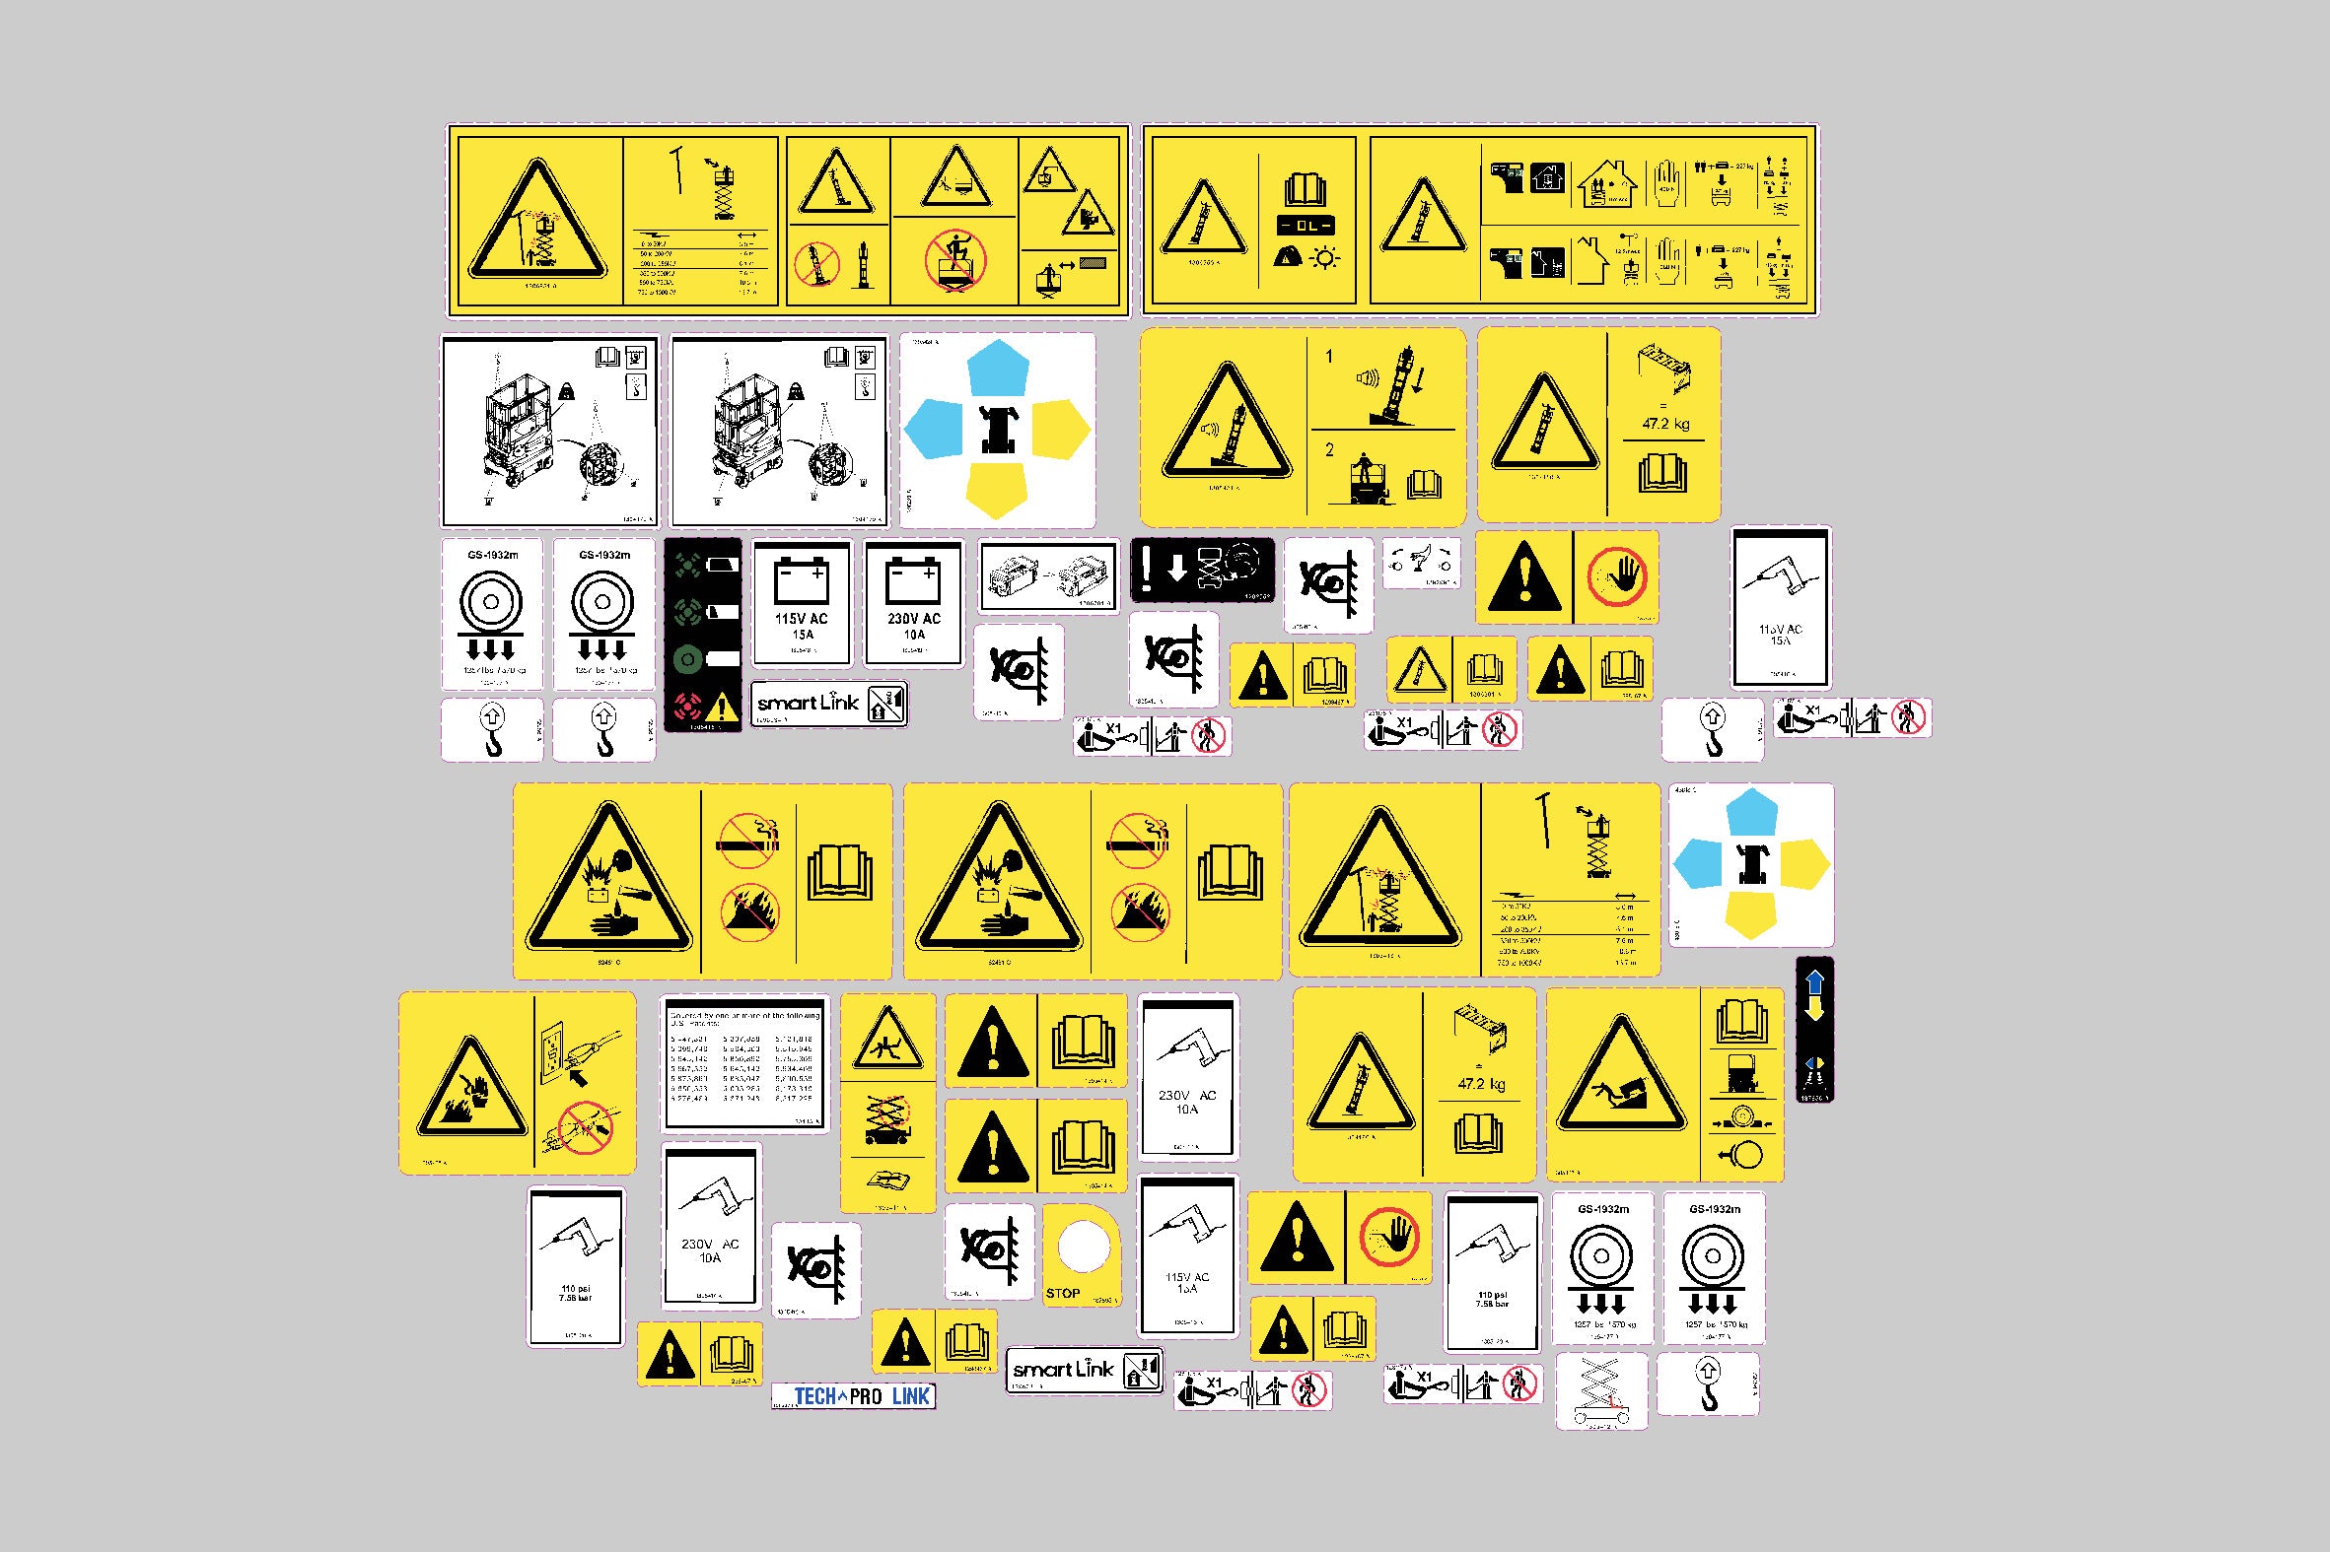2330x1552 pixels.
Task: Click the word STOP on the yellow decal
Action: click(1063, 1293)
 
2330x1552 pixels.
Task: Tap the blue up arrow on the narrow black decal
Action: click(1815, 982)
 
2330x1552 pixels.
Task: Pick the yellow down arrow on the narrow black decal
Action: click(1815, 1009)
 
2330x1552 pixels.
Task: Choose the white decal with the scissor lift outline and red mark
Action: click(1601, 1390)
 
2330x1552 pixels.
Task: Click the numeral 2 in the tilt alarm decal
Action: click(1329, 449)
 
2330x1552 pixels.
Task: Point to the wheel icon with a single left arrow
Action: click(1743, 1154)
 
